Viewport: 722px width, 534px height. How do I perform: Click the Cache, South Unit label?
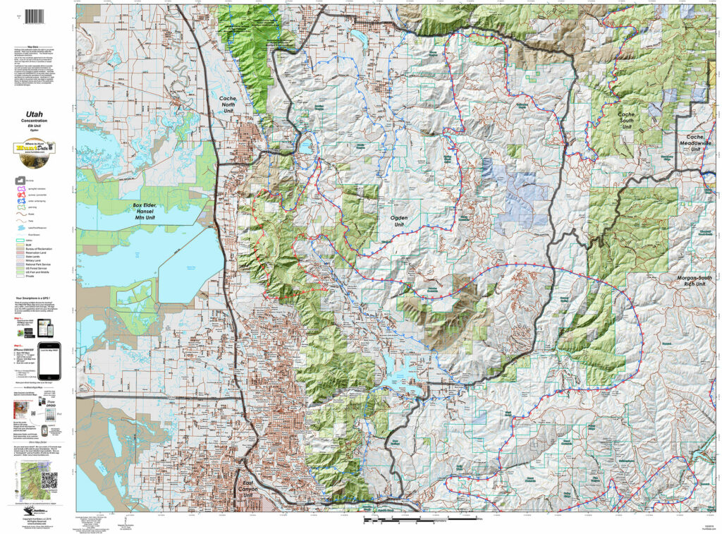pos(626,120)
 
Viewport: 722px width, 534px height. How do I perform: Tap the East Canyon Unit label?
pos(247,489)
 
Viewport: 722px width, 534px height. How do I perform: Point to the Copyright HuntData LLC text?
pos(37,518)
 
